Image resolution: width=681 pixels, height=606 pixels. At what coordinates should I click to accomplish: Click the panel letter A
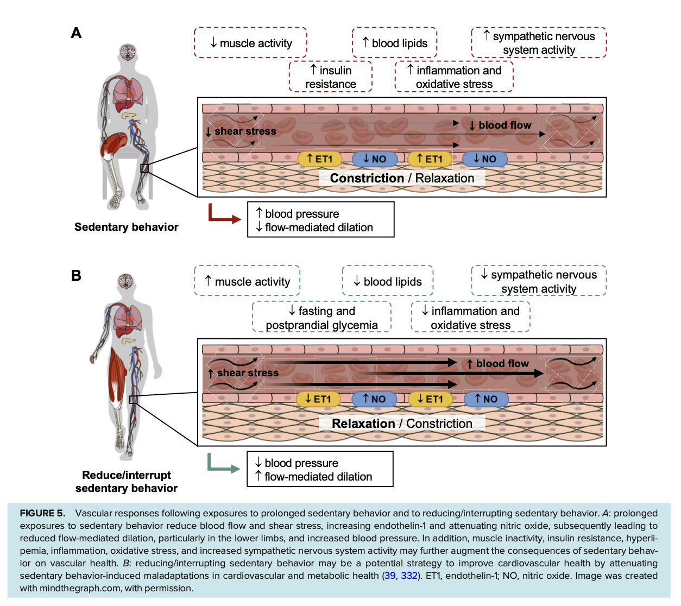(x=76, y=33)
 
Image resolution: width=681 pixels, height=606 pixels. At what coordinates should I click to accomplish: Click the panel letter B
(x=76, y=275)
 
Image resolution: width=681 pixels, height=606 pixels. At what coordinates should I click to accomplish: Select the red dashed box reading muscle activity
(x=250, y=43)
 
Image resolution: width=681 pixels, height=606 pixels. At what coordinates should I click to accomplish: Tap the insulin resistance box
(x=331, y=77)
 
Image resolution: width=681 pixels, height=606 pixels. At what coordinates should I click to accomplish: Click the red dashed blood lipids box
(x=394, y=43)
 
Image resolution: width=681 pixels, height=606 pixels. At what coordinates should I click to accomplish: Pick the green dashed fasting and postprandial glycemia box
(x=321, y=318)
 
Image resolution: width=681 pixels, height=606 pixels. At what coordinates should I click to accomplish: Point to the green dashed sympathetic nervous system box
(x=539, y=281)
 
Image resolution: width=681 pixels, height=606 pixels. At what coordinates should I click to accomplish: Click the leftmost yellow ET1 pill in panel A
(x=320, y=159)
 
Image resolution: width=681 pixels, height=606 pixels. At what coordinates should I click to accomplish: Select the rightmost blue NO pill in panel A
(x=484, y=159)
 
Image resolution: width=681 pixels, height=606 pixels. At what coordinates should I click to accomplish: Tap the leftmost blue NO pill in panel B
(x=374, y=399)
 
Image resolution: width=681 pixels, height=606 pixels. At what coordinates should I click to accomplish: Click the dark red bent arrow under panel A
(x=223, y=214)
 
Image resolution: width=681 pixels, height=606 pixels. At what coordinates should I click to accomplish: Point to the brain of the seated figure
(x=128, y=52)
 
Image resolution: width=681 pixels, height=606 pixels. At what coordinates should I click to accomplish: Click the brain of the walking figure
(x=126, y=281)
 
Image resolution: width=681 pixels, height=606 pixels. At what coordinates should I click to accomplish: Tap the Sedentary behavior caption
(x=126, y=227)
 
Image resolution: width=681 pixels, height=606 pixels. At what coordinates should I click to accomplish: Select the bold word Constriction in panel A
(x=367, y=178)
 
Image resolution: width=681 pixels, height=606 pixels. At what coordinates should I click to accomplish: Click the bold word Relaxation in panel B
(x=363, y=424)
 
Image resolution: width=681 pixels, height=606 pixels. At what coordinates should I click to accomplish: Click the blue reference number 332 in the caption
(x=409, y=576)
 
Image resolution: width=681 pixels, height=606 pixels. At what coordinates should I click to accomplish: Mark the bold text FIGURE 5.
(x=42, y=513)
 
